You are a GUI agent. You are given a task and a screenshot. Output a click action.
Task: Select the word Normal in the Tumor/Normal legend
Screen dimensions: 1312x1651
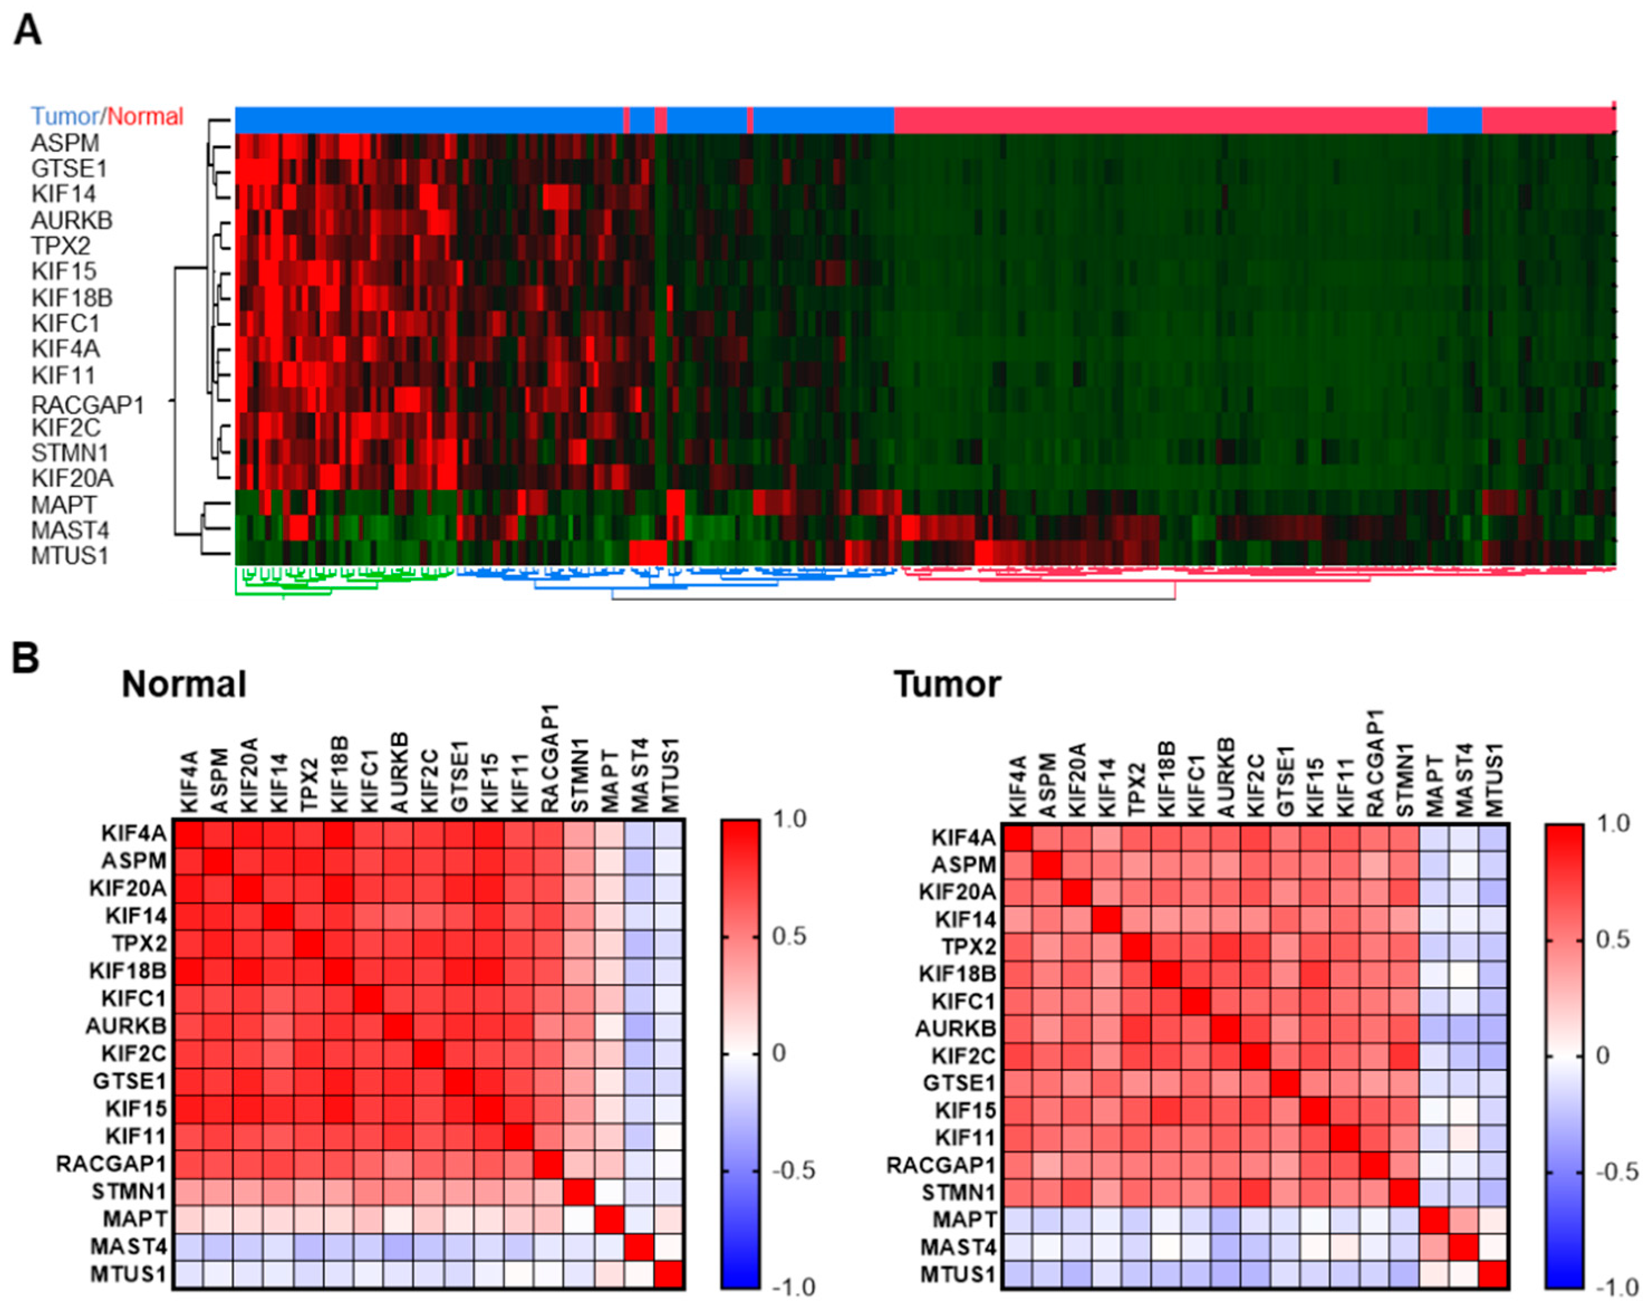146,117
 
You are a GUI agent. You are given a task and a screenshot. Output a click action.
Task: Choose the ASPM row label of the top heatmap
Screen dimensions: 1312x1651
65,143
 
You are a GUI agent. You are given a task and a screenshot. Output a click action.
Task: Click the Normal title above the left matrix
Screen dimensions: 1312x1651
184,684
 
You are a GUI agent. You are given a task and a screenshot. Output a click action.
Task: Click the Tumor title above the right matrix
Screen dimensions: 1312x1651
947,684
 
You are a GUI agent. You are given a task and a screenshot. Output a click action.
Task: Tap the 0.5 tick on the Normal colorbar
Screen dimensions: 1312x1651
789,936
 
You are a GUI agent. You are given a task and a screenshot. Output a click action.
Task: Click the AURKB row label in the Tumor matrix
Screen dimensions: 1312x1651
955,1028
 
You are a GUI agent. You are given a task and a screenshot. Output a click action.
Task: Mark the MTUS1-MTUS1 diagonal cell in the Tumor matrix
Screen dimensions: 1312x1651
1494,1275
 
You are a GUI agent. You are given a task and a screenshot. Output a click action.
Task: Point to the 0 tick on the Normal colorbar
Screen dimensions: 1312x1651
779,1053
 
